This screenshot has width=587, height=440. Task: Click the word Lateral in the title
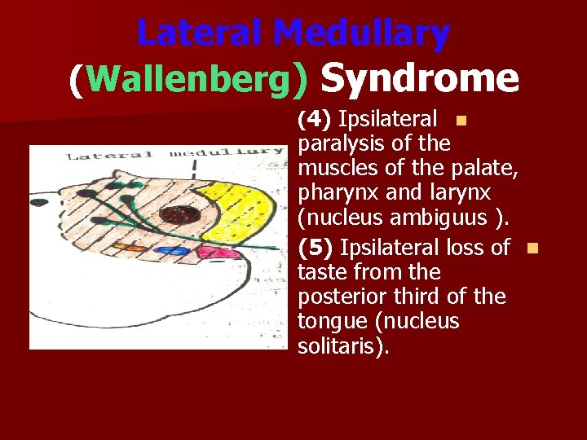point(201,33)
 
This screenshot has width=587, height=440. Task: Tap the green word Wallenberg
point(187,79)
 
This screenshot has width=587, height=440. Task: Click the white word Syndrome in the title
point(420,78)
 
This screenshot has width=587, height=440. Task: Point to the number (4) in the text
point(314,121)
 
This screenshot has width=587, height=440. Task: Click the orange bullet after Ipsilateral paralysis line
point(461,121)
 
